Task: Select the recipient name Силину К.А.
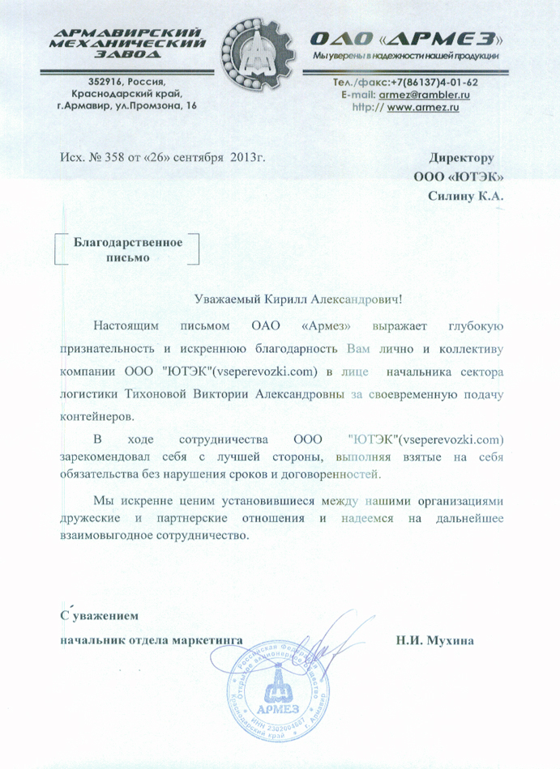pos(466,195)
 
